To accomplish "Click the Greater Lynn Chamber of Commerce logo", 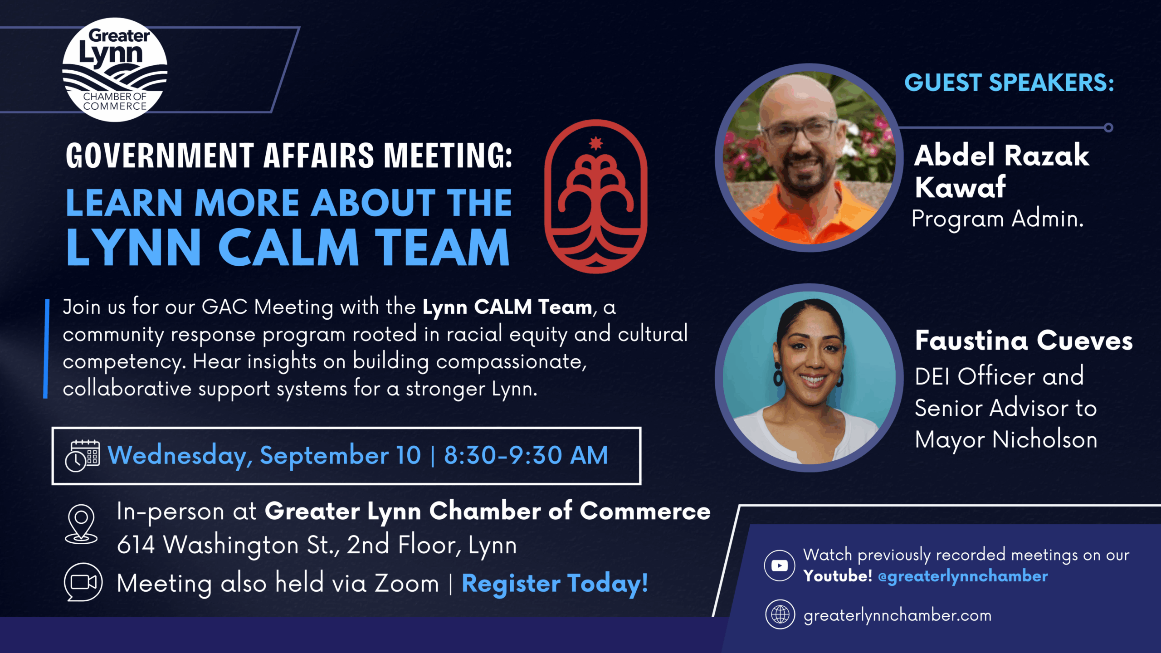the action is (115, 69).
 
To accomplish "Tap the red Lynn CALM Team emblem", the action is (596, 196).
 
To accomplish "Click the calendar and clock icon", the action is (82, 456).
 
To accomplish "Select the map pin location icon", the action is (81, 524).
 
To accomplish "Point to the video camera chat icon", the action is (83, 582).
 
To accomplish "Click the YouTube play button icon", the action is (780, 565).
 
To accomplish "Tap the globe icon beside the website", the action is (780, 614).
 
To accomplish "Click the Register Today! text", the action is (555, 584).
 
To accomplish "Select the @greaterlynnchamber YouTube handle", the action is (963, 576).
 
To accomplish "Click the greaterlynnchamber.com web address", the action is (898, 616).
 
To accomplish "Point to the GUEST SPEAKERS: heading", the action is (1009, 83).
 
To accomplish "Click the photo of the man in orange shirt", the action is (808, 157).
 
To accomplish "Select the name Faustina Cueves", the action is (1024, 341).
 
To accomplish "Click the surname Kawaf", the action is (961, 187).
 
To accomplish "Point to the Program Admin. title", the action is (998, 219).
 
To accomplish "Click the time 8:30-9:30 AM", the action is (526, 455).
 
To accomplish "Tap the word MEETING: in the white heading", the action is (448, 156).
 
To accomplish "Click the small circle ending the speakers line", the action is (1108, 127).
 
